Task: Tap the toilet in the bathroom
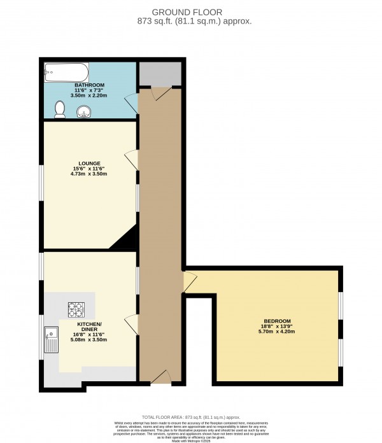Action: pyautogui.click(x=60, y=110)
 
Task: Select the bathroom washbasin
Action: pyautogui.click(x=83, y=113)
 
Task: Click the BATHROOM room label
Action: pyautogui.click(x=89, y=85)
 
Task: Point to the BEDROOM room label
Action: pyautogui.click(x=278, y=320)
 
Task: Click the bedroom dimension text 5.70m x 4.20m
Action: pyautogui.click(x=278, y=332)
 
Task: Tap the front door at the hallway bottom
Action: pyautogui.click(x=160, y=379)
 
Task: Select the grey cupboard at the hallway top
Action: pyautogui.click(x=160, y=74)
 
